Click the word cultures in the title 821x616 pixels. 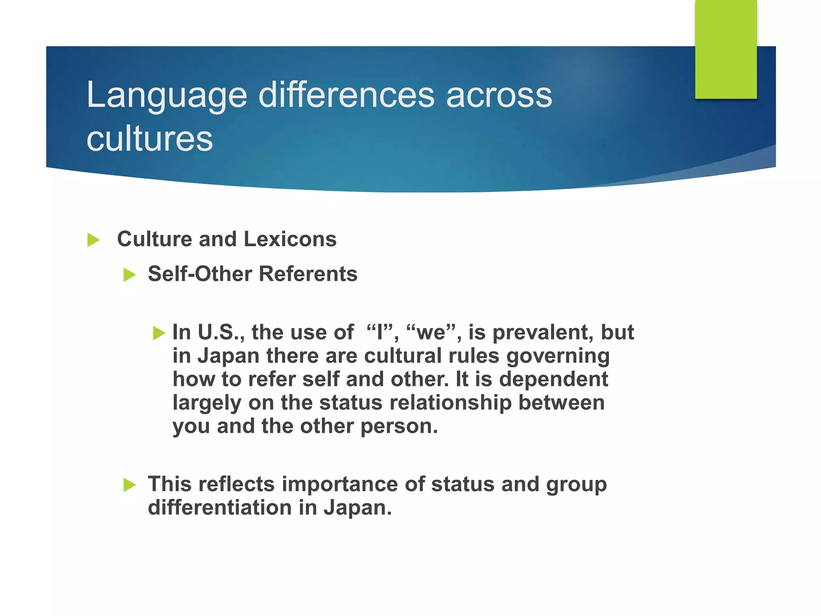pyautogui.click(x=150, y=139)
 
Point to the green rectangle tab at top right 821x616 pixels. pyautogui.click(x=726, y=49)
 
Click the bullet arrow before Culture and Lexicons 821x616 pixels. pyautogui.click(x=93, y=240)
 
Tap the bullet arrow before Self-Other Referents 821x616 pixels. pyautogui.click(x=129, y=275)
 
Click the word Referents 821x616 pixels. pyautogui.click(x=308, y=274)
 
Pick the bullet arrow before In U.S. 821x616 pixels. pyautogui.click(x=159, y=333)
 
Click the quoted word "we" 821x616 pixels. pyautogui.click(x=431, y=332)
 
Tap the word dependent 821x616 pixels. pyautogui.click(x=554, y=379)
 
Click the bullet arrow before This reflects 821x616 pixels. pyautogui.click(x=129, y=485)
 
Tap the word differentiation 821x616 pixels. pyautogui.click(x=220, y=507)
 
